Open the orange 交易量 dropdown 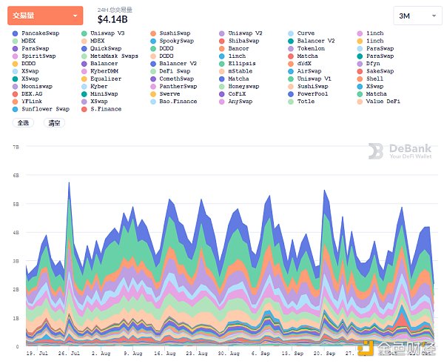pos(45,15)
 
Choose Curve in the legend pos(306,33)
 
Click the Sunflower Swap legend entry pos(45,108)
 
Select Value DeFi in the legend pos(383,101)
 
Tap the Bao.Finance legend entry pos(178,101)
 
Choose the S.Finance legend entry pos(105,108)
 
